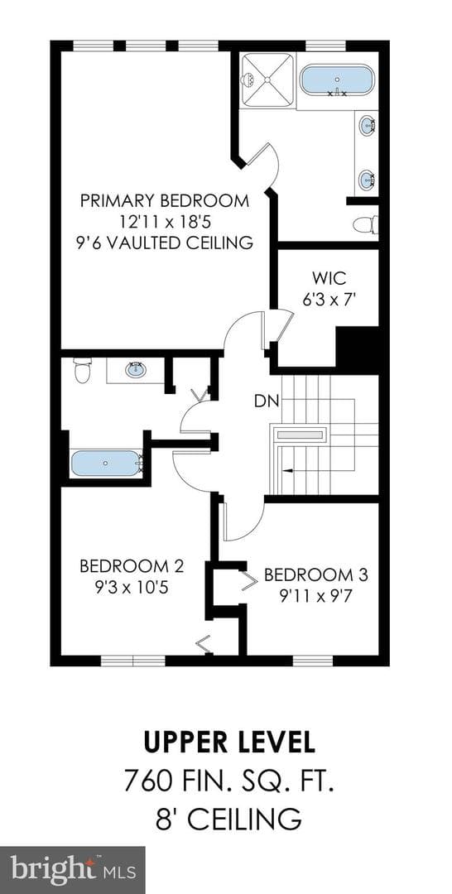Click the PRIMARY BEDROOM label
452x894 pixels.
point(165,200)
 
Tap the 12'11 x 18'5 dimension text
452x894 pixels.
point(165,221)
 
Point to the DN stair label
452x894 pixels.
point(267,401)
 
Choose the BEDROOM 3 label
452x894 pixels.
point(315,574)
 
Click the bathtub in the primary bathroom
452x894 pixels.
point(337,80)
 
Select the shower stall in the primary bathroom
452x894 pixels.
point(267,79)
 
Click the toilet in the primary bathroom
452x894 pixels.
point(365,224)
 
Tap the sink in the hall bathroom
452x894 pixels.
point(135,370)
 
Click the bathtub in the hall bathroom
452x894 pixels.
point(106,464)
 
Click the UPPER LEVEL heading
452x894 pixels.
point(228,743)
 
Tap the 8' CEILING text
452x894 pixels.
point(228,819)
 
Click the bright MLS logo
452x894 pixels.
point(73,870)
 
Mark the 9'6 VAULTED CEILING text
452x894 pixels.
point(165,243)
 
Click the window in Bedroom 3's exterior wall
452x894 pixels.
point(313,661)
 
